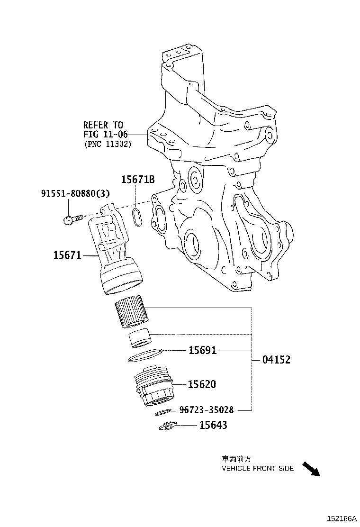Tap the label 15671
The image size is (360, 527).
click(67, 255)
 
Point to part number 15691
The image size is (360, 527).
click(202, 351)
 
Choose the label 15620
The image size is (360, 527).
click(202, 384)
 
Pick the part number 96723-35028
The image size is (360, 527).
click(206, 410)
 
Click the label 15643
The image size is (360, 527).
click(213, 425)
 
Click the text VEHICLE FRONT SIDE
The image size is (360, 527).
click(258, 468)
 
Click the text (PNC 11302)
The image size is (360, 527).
click(108, 144)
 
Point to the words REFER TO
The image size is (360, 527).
click(103, 125)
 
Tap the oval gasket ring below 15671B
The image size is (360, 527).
click(136, 216)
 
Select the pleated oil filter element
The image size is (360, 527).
click(132, 311)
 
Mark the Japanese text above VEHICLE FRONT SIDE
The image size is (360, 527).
click(236, 459)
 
